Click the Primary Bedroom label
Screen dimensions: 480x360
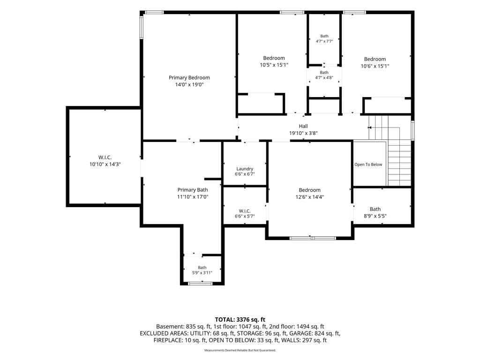tap(189, 78)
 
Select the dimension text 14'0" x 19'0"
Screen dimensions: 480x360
tap(189, 84)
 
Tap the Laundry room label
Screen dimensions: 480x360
tap(245, 169)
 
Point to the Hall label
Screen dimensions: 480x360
tap(303, 126)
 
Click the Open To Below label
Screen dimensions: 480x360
tap(368, 165)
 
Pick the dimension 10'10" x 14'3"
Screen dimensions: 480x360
tap(105, 165)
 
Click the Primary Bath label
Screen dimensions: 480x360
tap(193, 190)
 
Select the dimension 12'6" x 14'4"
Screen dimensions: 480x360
tap(309, 197)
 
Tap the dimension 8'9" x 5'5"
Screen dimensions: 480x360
tap(375, 216)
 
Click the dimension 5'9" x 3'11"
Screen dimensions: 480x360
tap(202, 273)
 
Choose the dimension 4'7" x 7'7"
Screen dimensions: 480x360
tap(324, 41)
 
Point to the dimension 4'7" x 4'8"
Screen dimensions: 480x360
tap(324, 78)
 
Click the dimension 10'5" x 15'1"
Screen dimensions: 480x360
tap(274, 65)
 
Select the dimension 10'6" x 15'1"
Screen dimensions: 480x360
tap(375, 66)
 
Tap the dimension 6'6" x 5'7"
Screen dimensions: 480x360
tap(245, 216)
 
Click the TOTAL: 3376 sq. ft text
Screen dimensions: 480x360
tap(240, 320)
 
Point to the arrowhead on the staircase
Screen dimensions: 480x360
tap(369, 127)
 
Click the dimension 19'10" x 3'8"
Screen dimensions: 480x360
tap(303, 133)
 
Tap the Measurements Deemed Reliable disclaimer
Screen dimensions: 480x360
tap(240, 350)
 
